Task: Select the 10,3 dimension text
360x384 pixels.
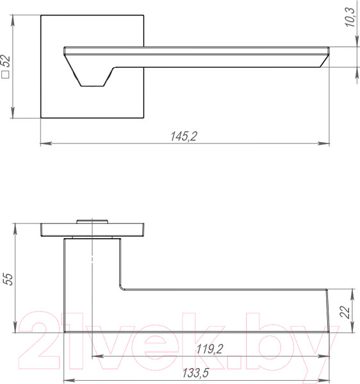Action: tap(349, 20)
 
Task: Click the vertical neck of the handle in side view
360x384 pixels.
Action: tap(93, 282)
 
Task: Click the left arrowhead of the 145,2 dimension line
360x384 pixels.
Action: tap(44, 143)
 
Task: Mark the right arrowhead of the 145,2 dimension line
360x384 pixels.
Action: tap(327, 143)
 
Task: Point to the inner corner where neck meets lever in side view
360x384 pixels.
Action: tap(121, 287)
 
